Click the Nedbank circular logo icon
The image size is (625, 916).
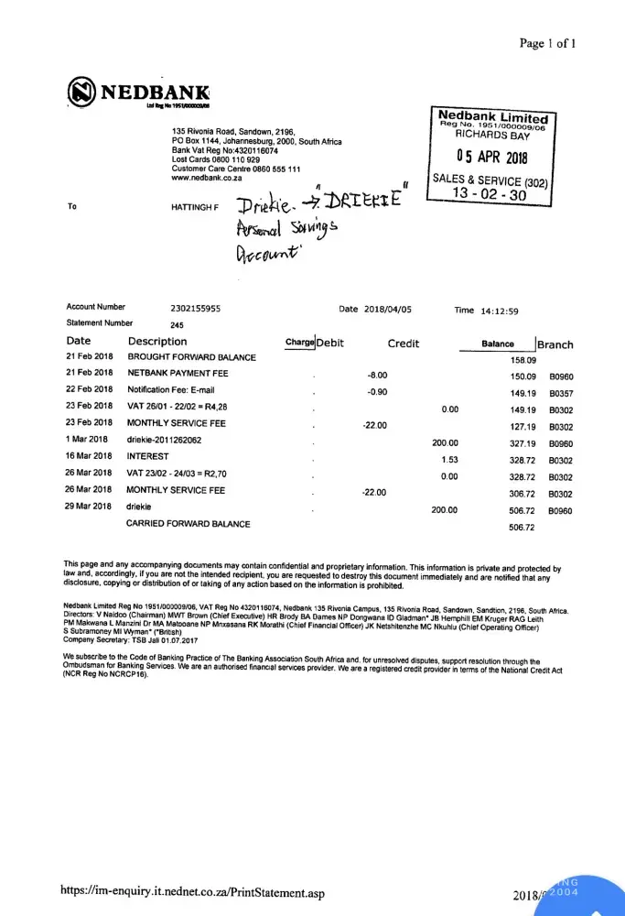[82, 93]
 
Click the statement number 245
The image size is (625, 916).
[178, 323]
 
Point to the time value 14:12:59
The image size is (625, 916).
[499, 311]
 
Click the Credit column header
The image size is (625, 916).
[403, 343]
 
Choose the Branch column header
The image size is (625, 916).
[555, 344]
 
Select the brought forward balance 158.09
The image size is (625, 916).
[523, 360]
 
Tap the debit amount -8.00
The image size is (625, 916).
[377, 376]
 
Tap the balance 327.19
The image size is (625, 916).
[523, 442]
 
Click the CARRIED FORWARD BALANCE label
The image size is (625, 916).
[188, 524]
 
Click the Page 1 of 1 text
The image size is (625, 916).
[547, 43]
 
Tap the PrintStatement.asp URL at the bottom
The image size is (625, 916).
[192, 891]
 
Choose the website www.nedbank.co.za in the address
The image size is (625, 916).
[207, 178]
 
